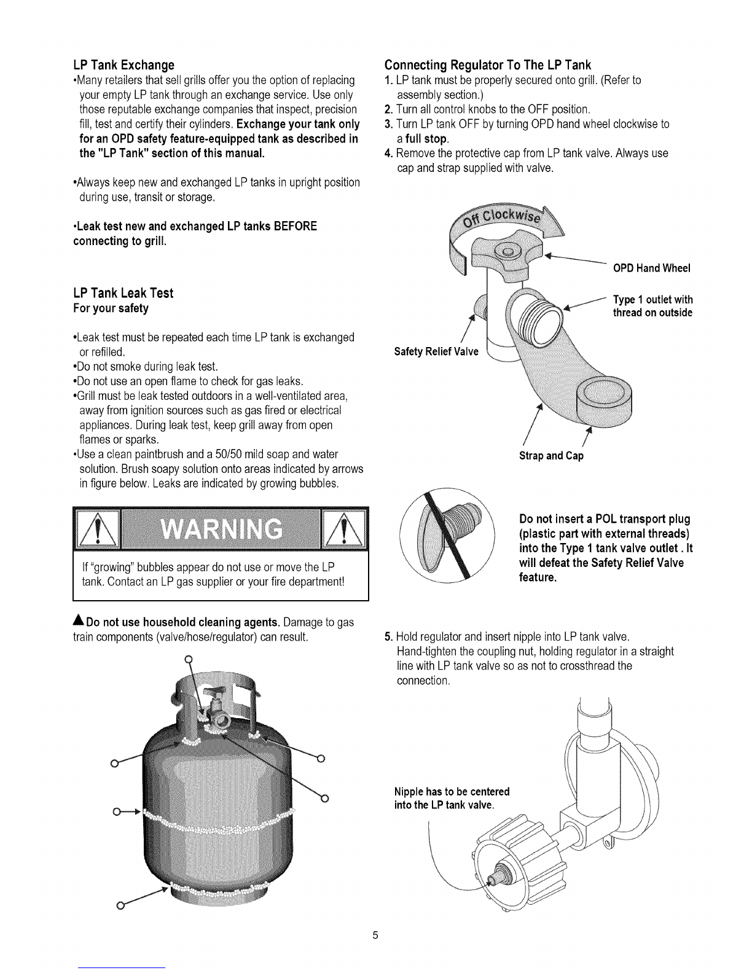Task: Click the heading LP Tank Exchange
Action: pos(123,65)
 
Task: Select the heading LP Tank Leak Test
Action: pos(123,293)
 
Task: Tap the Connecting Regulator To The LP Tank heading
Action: pos(488,65)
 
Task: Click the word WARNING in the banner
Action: pos(221,529)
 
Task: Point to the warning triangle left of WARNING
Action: pos(98,529)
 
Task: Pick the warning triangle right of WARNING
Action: pos(343,529)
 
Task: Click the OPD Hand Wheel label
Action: pos(652,268)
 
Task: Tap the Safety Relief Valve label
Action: pos(436,351)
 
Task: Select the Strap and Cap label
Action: pos(551,456)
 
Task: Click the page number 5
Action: pos(375,935)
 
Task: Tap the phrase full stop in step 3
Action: pos(426,139)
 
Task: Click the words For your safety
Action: pos(111,308)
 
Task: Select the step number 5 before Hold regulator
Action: pos(388,637)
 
